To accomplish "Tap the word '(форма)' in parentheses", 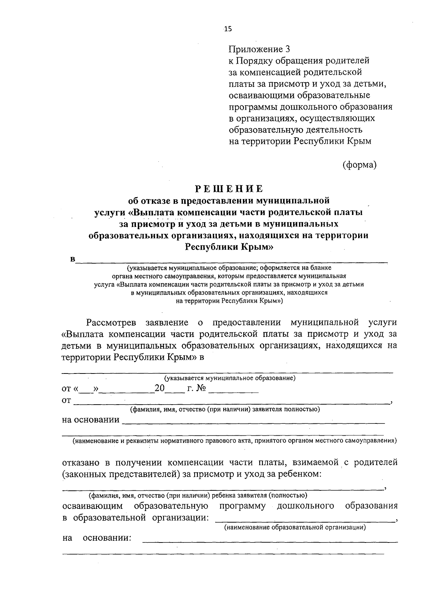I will pos(360,165).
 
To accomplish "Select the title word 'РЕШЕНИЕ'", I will pos(229,189).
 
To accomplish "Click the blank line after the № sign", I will pos(233,391).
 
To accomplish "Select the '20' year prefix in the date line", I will pos(160,389).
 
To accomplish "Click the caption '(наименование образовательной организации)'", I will pos(295,527).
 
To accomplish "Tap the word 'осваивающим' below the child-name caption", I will pos(92,506).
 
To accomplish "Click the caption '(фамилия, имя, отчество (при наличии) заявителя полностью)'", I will pos(225,409).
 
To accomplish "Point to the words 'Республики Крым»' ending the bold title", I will pos(229,247).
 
